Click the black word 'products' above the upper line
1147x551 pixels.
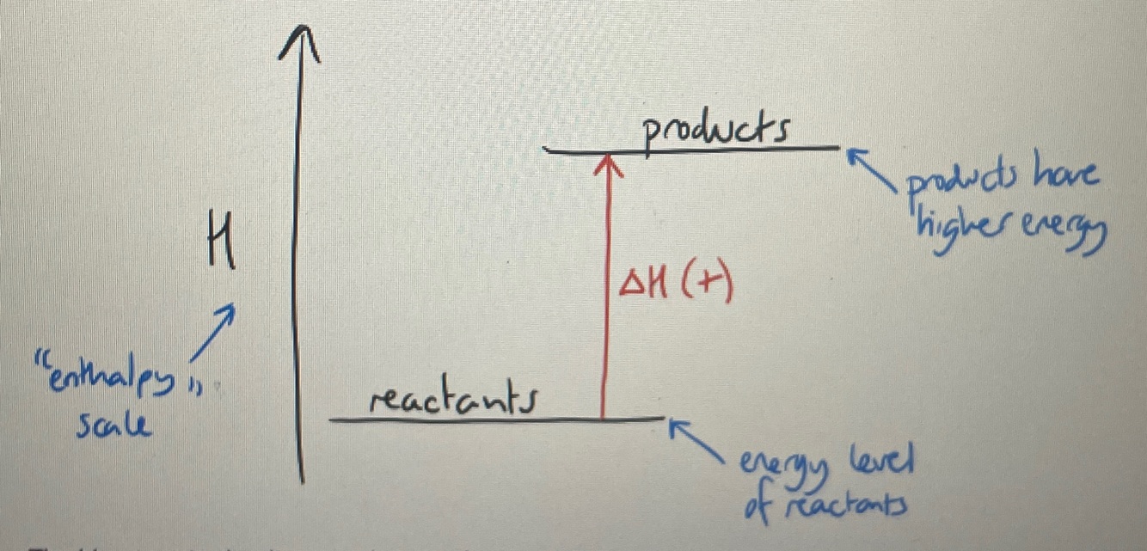click(x=716, y=132)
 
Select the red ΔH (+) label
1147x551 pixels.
click(x=676, y=285)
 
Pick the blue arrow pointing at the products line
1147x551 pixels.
click(x=868, y=168)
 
